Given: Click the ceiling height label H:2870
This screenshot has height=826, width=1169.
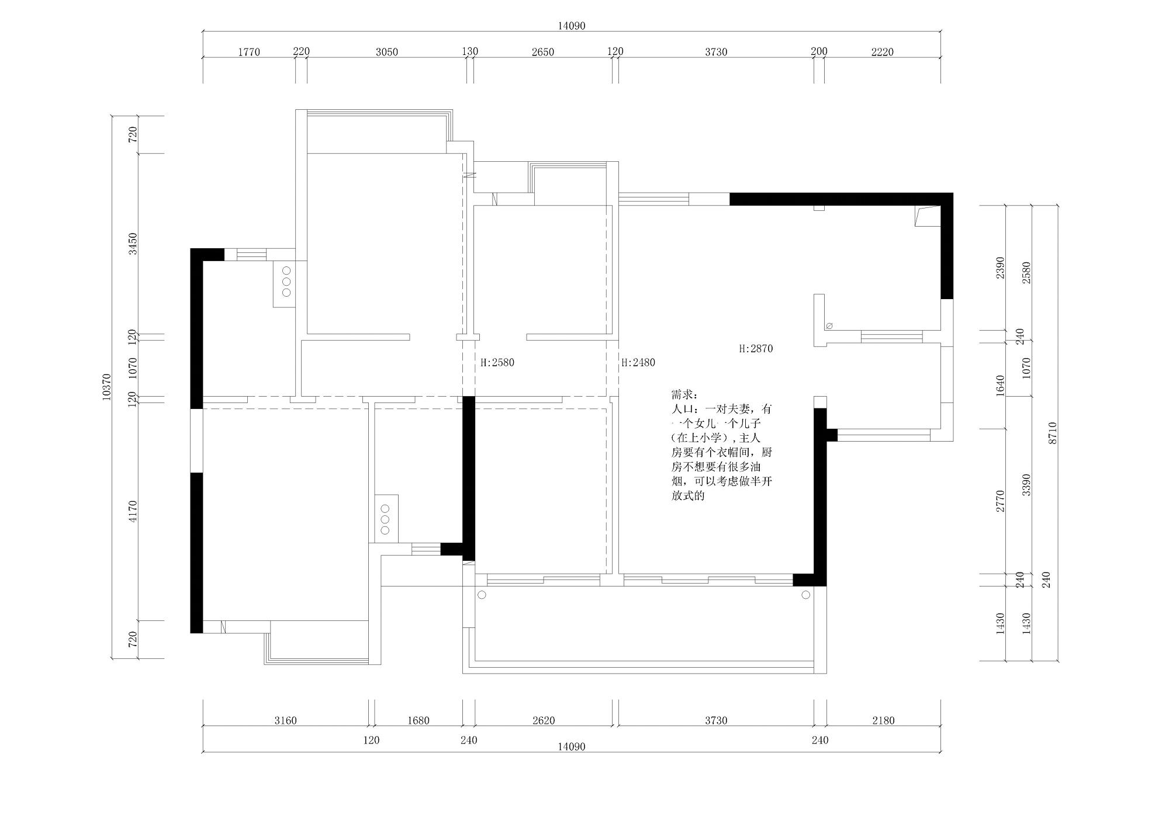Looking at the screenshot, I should pyautogui.click(x=756, y=349).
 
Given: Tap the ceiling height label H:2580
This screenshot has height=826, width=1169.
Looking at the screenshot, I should pyautogui.click(x=497, y=363).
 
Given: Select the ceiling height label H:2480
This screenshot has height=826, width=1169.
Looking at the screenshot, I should pyautogui.click(x=638, y=363).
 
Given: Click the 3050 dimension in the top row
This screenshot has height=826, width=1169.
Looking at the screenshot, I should pyautogui.click(x=386, y=52).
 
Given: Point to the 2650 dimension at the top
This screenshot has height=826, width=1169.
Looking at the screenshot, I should pyautogui.click(x=543, y=52).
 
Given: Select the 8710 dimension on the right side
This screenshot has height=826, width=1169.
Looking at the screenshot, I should pyautogui.click(x=1053, y=433).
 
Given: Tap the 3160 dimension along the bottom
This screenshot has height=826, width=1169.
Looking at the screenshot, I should pyautogui.click(x=286, y=720).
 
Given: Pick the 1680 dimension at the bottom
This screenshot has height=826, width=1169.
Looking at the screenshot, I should pyautogui.click(x=419, y=720).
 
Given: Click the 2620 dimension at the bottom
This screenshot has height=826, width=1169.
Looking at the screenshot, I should pyautogui.click(x=544, y=720).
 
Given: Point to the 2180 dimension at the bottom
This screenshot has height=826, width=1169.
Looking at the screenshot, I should pyautogui.click(x=883, y=720).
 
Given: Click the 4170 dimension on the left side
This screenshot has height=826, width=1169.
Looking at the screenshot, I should pyautogui.click(x=133, y=511).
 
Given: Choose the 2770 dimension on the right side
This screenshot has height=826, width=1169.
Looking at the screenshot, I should pyautogui.click(x=1000, y=501).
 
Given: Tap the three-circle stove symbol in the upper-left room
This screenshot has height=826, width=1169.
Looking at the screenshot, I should pyautogui.click(x=286, y=283).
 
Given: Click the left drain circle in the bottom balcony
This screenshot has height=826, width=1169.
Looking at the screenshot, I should pyautogui.click(x=482, y=595).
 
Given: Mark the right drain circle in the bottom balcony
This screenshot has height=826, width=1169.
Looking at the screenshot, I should pyautogui.click(x=805, y=595).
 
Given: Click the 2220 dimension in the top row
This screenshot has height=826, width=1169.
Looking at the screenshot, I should pyautogui.click(x=883, y=52).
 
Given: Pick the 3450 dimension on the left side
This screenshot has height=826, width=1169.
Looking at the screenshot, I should pyautogui.click(x=133, y=243).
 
